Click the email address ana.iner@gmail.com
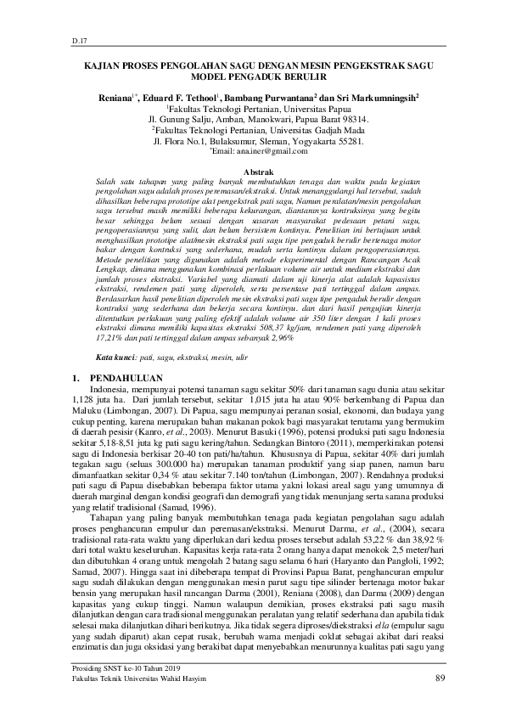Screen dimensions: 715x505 pos(255,151)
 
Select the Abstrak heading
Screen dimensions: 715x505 pos(253,172)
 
